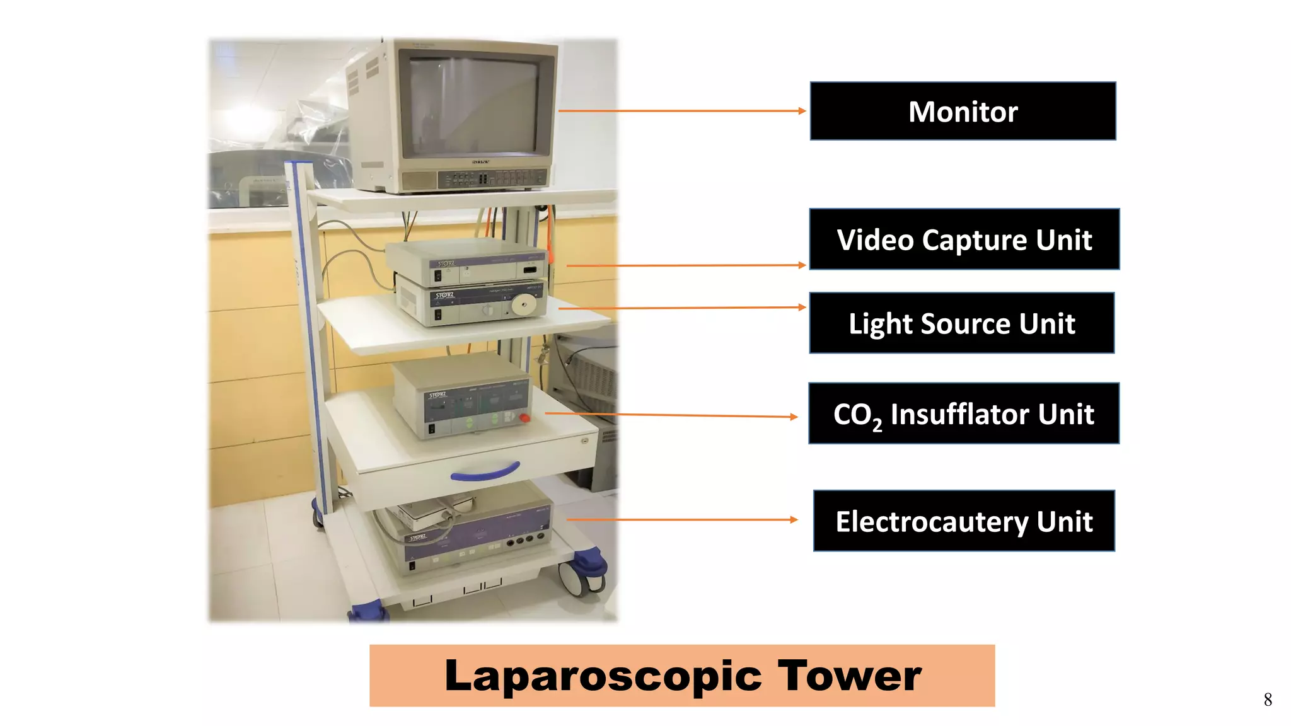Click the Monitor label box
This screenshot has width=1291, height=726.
[963, 111]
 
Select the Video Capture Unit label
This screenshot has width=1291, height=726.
[964, 239]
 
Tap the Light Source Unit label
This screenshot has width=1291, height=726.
[961, 323]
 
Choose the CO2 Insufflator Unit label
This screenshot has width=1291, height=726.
[963, 413]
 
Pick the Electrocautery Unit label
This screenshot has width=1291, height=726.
[963, 521]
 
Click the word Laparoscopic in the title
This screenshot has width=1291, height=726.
[604, 676]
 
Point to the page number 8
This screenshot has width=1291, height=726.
[1268, 700]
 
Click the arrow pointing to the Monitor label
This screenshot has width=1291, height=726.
[681, 111]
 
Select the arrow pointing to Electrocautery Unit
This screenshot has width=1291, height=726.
[681, 520]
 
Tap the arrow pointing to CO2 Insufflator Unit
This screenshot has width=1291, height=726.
[671, 415]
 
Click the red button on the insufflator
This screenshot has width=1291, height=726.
[524, 418]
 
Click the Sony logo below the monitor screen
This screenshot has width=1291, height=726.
[480, 162]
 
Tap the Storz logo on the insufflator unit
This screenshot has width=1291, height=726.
[437, 395]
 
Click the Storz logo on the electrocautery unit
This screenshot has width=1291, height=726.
[419, 538]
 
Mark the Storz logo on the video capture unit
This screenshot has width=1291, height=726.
[446, 263]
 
